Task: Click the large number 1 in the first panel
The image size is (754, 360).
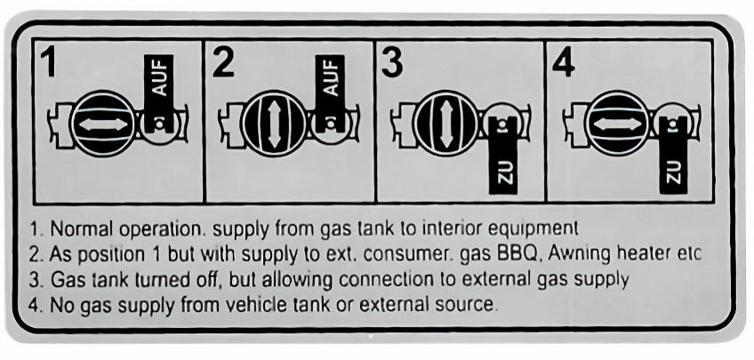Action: point(49,63)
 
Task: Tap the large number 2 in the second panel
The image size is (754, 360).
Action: point(223,63)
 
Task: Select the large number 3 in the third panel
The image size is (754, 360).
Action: point(392,63)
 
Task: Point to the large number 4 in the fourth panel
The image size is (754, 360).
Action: point(564,63)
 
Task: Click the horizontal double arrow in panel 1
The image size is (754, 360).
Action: point(103,124)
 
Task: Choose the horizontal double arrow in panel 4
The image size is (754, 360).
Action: point(617,124)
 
